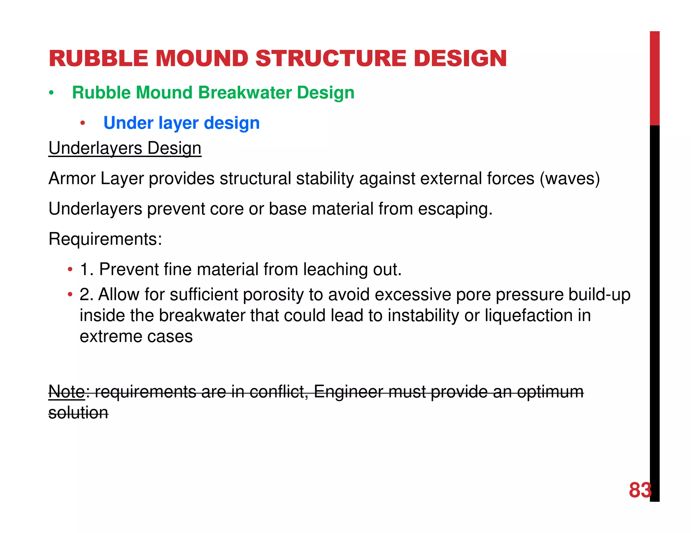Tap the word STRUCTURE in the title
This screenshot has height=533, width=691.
[331, 58]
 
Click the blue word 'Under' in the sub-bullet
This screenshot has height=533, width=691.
[128, 123]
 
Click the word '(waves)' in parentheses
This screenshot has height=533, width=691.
[570, 179]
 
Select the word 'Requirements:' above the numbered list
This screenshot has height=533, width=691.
[105, 239]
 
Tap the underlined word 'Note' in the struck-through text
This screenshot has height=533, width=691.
[67, 391]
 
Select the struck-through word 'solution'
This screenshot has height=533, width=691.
[78, 413]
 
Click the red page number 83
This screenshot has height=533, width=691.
[640, 490]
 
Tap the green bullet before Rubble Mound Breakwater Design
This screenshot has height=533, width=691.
[51, 93]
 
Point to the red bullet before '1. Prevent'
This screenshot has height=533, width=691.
[70, 270]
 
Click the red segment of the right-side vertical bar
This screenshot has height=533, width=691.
[655, 78]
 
